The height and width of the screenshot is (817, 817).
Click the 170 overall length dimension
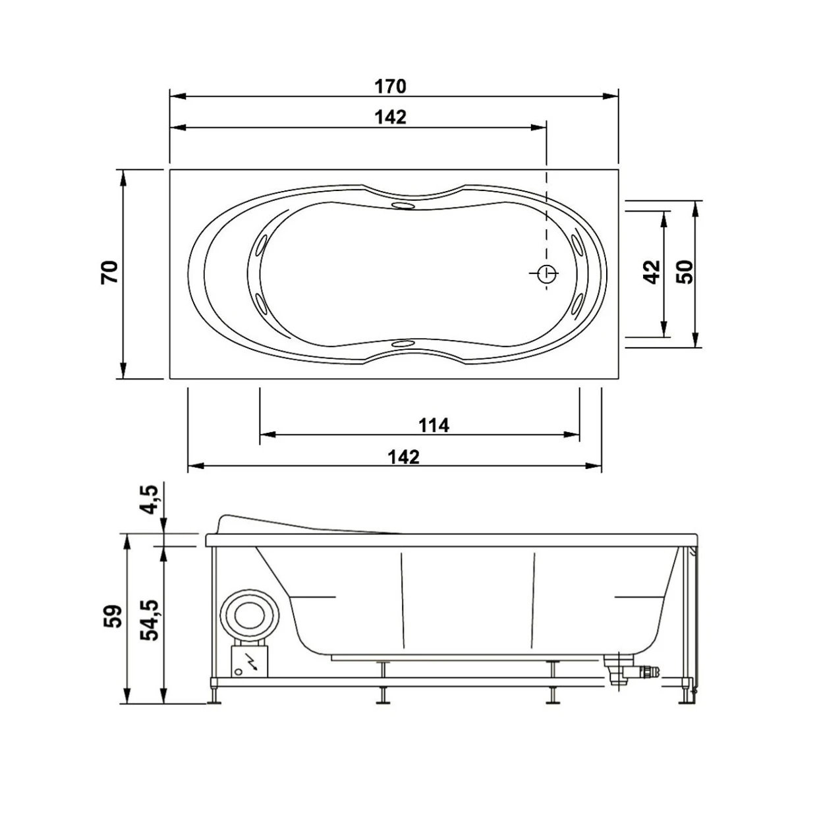(x=390, y=86)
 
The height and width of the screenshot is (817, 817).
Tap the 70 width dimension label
(x=109, y=272)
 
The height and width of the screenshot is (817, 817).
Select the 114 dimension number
(x=434, y=425)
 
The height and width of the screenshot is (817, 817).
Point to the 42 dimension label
(x=652, y=271)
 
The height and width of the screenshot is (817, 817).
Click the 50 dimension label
(x=685, y=271)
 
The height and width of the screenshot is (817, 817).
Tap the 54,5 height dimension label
(x=150, y=619)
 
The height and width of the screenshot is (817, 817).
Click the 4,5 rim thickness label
(x=150, y=499)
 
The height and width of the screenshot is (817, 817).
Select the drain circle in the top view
(x=546, y=274)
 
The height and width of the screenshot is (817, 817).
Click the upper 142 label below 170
(x=390, y=117)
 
